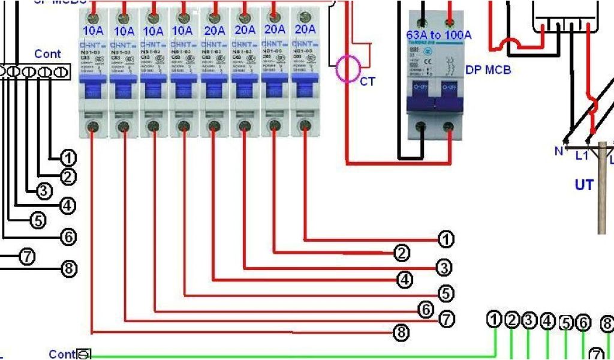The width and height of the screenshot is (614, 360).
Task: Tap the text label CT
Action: [368, 81]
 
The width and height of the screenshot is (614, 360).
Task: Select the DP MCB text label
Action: [488, 70]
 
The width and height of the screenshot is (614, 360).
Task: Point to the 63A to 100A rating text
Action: [439, 35]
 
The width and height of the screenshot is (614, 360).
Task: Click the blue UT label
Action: [584, 185]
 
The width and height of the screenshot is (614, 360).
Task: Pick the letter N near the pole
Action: [559, 151]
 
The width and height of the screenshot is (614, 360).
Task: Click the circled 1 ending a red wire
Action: [446, 240]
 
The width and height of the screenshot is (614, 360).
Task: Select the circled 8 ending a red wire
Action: [401, 331]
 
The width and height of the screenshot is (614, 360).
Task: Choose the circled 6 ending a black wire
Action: [69, 237]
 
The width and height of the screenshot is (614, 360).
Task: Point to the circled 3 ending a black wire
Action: [44, 191]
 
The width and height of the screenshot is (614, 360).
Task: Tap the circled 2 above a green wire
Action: [511, 320]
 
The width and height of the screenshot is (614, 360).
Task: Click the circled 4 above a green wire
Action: [547, 321]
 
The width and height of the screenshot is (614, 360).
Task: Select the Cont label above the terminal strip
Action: [47, 54]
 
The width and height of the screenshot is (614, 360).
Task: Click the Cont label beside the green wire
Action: [62, 354]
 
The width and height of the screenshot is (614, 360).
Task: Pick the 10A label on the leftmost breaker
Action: [94, 30]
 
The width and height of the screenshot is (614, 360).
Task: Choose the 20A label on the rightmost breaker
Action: [305, 29]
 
